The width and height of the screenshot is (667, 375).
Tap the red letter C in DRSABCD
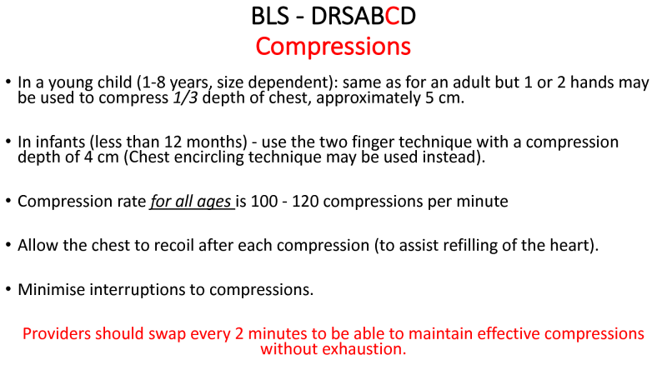pyautogui.click(x=392, y=16)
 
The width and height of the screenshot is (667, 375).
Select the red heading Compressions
pyautogui.click(x=333, y=47)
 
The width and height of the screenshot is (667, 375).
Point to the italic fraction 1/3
pyautogui.click(x=185, y=98)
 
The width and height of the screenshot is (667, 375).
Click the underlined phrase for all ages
pyautogui.click(x=191, y=202)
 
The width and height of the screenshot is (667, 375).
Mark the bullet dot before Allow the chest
pyautogui.click(x=8, y=245)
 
